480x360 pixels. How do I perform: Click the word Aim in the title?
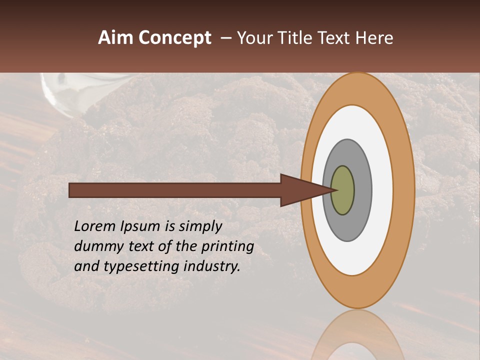click(116, 38)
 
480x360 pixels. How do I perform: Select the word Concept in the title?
click(174, 38)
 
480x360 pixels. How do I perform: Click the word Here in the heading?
click(375, 38)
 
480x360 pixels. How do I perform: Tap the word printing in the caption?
click(227, 247)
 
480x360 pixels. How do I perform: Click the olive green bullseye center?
click(343, 190)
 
